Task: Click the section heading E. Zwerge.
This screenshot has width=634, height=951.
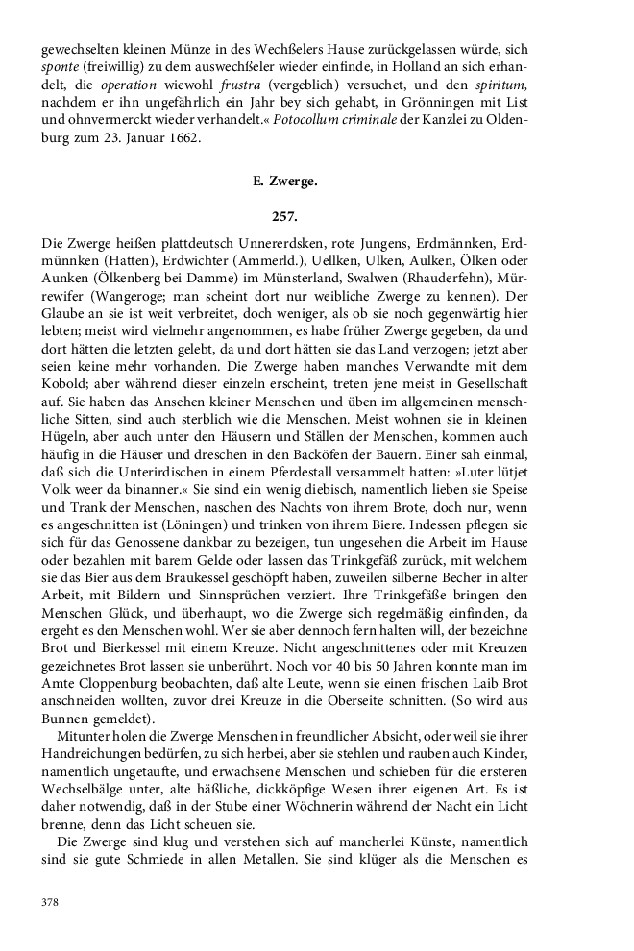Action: (x=317, y=178)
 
